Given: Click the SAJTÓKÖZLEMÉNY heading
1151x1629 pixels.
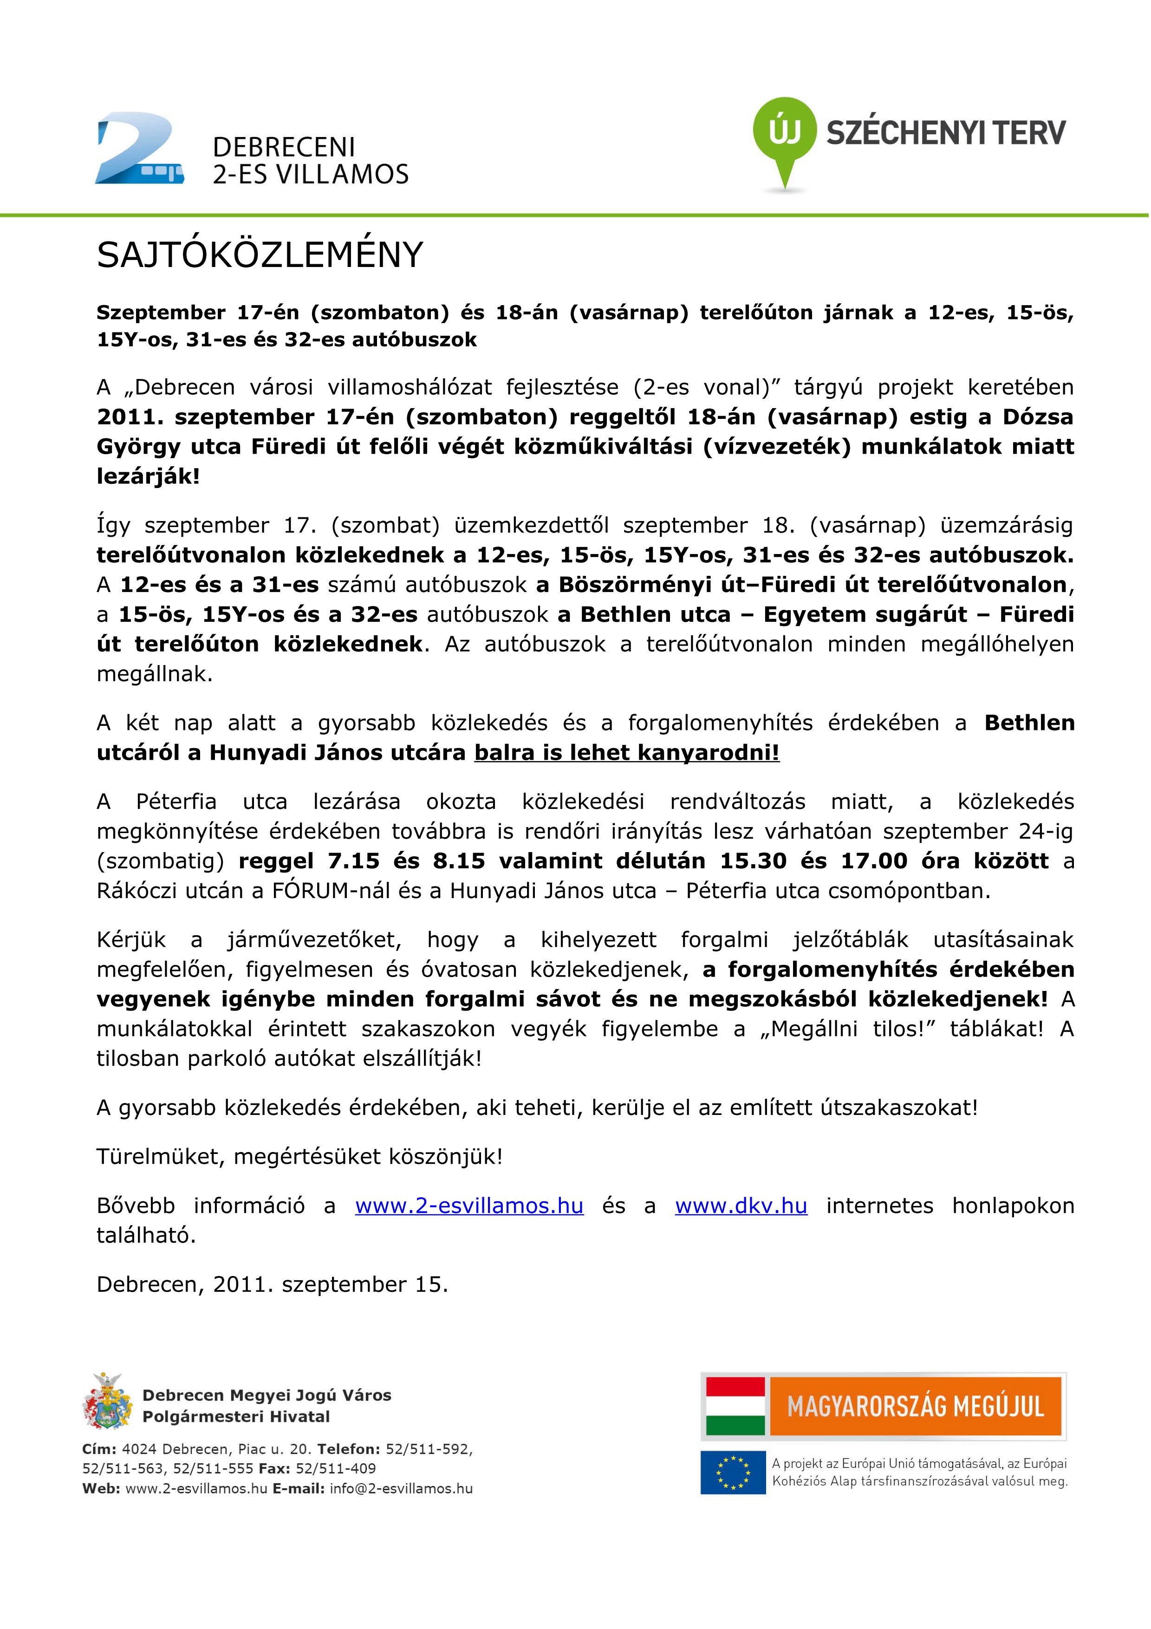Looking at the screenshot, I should pos(260,255).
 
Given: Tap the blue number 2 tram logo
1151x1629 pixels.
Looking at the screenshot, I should pos(139,149).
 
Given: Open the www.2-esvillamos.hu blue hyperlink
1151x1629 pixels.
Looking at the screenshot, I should pos(469,1205).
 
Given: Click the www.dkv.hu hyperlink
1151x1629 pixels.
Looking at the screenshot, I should pos(741,1205).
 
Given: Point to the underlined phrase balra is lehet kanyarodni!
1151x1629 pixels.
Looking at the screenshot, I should pos(626,752).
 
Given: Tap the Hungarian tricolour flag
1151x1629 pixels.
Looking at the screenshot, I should pos(735,1406).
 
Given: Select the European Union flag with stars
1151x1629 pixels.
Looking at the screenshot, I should pos(733,1472).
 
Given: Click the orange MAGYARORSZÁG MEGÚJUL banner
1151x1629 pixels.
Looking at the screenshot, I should pos(915,1406).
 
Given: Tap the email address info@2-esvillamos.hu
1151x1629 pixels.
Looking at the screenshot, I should pos(401,1488).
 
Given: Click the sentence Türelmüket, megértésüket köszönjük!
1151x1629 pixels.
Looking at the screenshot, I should pos(299,1156).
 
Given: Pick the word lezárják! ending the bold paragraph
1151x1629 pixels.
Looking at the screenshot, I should pos(148,476).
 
